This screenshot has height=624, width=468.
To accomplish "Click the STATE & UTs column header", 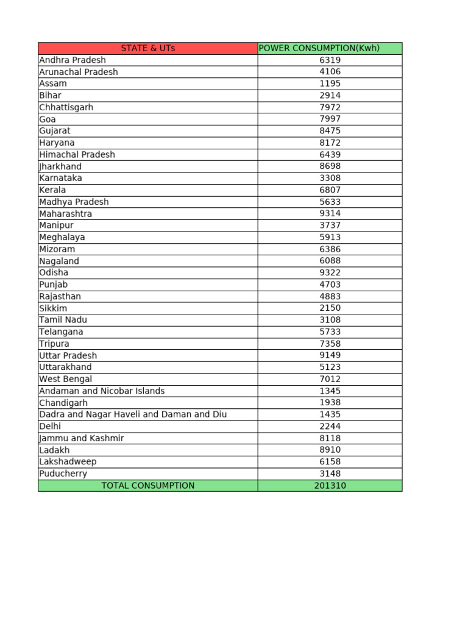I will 148,48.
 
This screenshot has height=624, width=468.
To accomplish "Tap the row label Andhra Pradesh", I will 73,60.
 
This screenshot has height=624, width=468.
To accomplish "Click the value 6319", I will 330,60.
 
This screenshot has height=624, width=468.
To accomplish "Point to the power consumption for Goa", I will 330,119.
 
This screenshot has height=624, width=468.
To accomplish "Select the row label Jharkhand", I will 60,166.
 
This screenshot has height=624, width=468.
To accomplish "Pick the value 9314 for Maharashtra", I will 330,213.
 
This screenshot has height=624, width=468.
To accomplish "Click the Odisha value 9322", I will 330,272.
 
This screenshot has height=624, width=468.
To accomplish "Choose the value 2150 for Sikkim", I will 330,308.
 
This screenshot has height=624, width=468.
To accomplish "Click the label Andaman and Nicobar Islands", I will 102,391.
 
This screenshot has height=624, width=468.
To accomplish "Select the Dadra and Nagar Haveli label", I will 133,414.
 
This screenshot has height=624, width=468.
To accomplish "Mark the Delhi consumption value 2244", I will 330,427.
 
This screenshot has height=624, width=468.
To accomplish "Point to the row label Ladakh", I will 54,450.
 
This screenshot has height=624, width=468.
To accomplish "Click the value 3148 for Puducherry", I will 330,473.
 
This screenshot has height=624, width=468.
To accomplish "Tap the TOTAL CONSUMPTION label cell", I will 148,486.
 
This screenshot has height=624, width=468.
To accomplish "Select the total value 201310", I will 330,486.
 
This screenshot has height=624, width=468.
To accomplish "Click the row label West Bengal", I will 66,379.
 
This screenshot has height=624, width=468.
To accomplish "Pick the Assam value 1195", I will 330,83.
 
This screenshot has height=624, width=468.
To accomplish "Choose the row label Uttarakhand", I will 66,367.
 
